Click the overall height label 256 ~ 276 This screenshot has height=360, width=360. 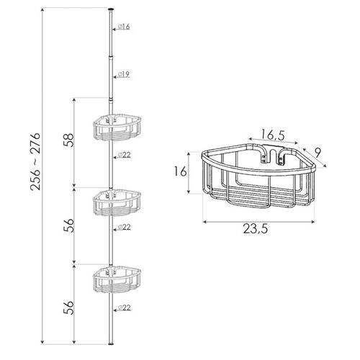point(35,161)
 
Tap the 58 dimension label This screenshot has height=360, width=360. point(68,140)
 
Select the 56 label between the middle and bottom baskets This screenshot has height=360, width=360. point(68,225)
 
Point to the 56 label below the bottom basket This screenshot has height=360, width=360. point(68,307)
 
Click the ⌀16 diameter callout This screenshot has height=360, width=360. point(124,27)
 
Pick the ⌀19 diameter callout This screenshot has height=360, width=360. point(124,74)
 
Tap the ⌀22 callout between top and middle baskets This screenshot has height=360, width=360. point(125,155)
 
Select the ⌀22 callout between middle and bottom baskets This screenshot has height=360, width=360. point(125,227)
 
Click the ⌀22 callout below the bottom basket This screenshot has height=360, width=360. point(125,307)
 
